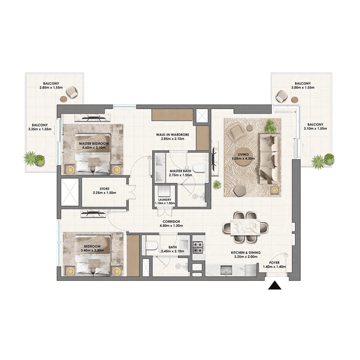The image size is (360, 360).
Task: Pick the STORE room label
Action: [x=105, y=189]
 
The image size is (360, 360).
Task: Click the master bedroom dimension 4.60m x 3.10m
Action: [x=94, y=148]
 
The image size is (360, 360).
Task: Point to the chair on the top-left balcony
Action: [x=72, y=93]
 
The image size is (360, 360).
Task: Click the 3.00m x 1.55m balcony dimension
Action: [x=302, y=88]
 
